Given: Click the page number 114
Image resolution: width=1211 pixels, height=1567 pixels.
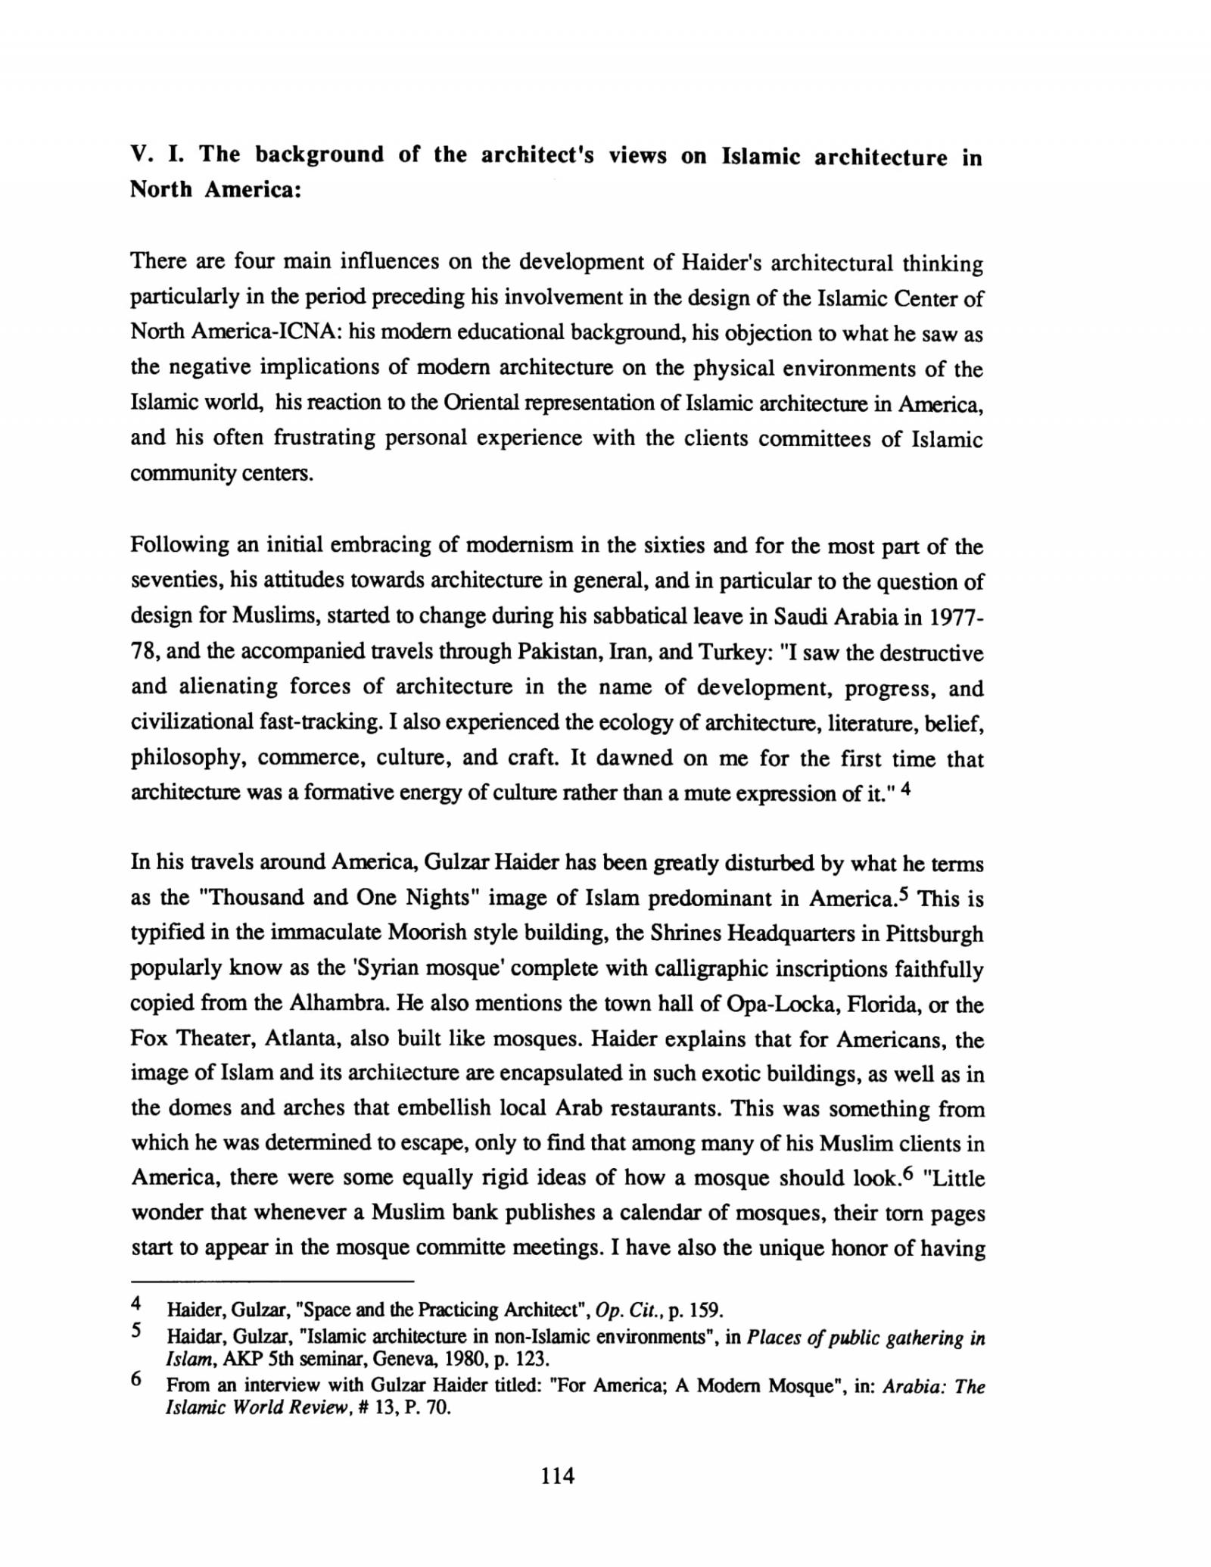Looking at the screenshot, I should point(558,1475).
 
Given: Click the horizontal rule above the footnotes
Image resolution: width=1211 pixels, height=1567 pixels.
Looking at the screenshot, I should point(272,1282).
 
